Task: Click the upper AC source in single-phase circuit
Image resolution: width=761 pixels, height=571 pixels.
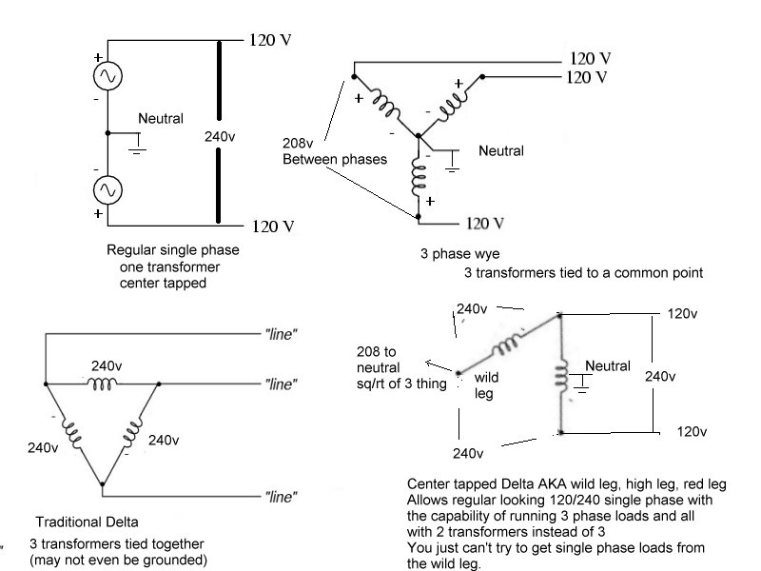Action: [107, 76]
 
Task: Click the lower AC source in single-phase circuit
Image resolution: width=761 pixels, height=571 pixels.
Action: [107, 189]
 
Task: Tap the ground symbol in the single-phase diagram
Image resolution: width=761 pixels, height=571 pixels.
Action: [138, 145]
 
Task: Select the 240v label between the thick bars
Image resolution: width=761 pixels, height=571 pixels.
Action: [220, 136]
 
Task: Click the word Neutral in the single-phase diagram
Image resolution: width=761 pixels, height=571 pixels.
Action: [161, 118]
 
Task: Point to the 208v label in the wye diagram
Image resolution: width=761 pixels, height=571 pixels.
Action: [298, 144]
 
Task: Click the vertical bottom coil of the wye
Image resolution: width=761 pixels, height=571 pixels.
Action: [419, 177]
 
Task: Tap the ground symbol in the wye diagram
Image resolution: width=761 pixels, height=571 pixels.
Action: [453, 162]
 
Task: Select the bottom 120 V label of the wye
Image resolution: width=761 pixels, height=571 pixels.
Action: [485, 224]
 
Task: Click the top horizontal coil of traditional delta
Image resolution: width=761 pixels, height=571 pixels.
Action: [102, 384]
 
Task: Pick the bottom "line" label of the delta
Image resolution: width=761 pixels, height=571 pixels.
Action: [281, 497]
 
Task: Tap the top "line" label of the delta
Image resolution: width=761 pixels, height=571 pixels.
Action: [281, 334]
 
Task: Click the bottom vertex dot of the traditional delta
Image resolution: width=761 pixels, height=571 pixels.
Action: [102, 484]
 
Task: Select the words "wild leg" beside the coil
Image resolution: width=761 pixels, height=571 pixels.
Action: [486, 385]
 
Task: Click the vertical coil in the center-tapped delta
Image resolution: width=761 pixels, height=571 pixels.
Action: [561, 376]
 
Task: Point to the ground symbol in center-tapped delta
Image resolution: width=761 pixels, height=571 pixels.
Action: [581, 384]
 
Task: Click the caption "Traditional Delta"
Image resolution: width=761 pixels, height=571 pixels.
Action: [87, 522]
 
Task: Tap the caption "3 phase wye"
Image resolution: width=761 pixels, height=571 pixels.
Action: [459, 254]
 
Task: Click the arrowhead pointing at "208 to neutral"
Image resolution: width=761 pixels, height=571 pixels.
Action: [428, 363]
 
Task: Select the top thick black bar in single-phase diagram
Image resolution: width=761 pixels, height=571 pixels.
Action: [220, 81]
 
